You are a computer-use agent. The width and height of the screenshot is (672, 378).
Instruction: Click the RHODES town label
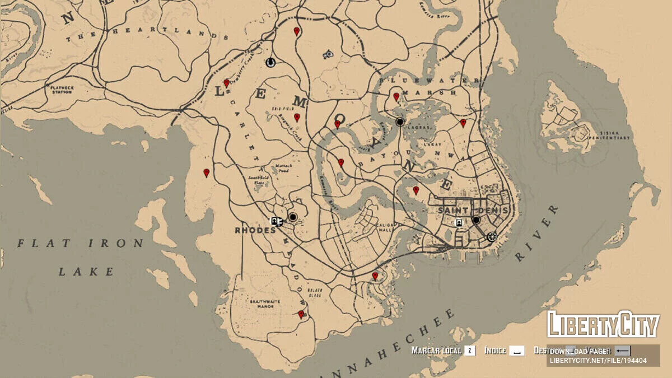click(255, 230)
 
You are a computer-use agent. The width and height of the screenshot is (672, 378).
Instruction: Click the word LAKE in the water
click(86, 272)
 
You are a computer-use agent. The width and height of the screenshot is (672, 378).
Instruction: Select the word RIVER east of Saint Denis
click(536, 234)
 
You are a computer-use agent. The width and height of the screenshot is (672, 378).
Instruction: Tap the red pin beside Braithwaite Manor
click(301, 314)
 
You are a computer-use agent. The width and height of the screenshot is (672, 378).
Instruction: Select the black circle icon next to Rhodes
click(292, 217)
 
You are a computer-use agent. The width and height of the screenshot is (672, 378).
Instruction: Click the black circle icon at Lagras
click(400, 122)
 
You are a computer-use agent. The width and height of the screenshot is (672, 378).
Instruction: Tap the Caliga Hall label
click(388, 228)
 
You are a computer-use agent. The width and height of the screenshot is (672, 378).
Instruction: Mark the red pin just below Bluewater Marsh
click(396, 97)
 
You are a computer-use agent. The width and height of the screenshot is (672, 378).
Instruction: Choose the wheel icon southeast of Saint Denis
click(492, 236)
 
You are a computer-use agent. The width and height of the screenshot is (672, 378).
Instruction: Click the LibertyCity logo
click(603, 325)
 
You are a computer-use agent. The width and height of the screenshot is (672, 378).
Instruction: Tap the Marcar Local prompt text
click(436, 351)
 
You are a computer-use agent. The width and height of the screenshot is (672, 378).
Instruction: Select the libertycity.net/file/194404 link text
click(598, 361)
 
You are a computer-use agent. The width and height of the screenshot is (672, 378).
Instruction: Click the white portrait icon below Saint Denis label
click(459, 222)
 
